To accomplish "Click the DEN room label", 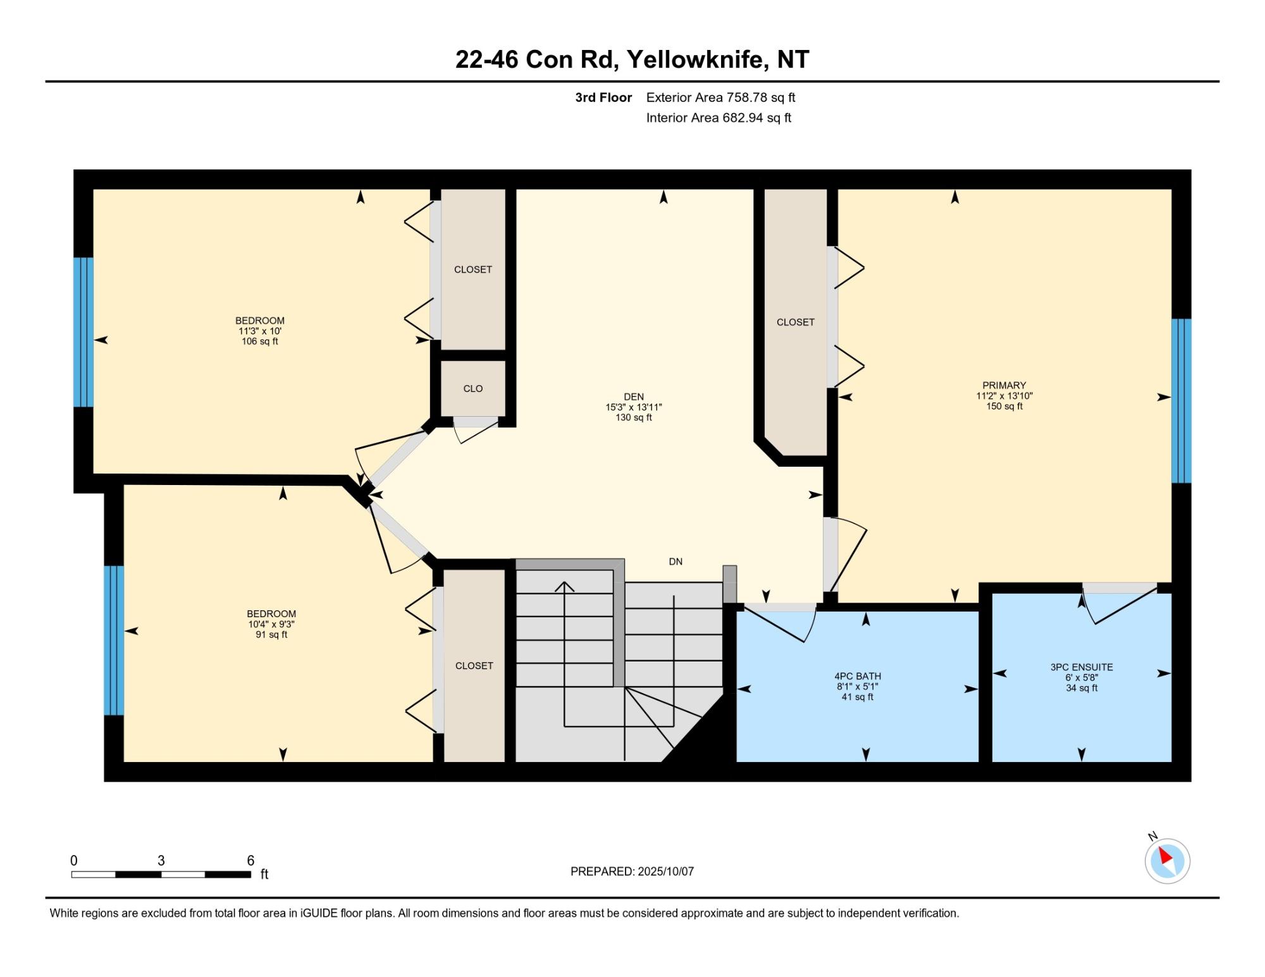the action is coord(634,397).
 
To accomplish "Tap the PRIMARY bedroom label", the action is coord(1004,385).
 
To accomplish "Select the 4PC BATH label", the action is coord(858,676).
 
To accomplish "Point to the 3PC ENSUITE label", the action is coord(1082,667).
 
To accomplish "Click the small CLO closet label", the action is coord(473,388).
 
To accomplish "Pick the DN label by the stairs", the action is coord(676,562).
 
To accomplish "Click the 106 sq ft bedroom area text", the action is coord(260,341).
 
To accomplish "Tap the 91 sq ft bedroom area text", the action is coord(271,634).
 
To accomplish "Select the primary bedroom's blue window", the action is coord(1182,401).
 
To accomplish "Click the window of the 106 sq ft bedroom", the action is coord(83,332).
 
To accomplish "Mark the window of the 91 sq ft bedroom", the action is coord(114,640).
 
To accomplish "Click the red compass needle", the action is coord(1166,857).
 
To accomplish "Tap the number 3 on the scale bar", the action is coord(161,861).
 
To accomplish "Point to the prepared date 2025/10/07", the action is coord(666,871).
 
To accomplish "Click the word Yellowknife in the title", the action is coord(698,59).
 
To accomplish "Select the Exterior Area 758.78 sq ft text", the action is coord(721,97).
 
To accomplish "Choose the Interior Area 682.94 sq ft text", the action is coord(719,118).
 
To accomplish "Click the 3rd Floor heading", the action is coord(603,97).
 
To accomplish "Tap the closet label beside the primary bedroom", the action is coord(796,322).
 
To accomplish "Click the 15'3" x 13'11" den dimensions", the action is coord(634,407).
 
